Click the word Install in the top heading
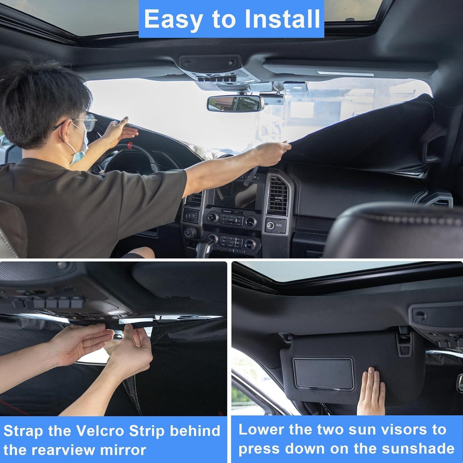(282, 19)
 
